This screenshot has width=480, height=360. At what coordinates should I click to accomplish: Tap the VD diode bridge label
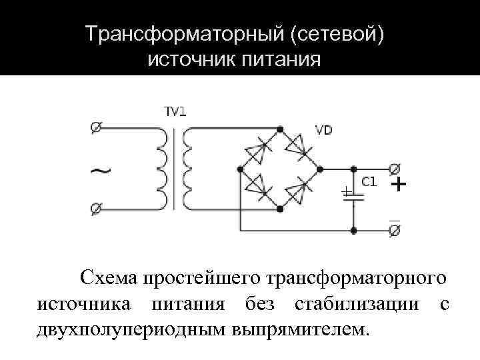[x=323, y=130]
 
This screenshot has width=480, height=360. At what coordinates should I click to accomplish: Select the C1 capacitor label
[x=369, y=182]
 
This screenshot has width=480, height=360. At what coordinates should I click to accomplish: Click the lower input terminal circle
[x=96, y=209]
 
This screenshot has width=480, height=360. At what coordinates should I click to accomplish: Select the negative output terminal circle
[x=394, y=231]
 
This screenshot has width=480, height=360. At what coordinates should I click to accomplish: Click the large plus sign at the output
[x=397, y=184]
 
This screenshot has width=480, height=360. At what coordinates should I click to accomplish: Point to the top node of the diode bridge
[x=280, y=128]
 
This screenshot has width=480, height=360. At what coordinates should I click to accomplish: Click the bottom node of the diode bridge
[x=280, y=209]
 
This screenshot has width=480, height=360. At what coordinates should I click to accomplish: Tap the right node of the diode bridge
[x=321, y=169]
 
